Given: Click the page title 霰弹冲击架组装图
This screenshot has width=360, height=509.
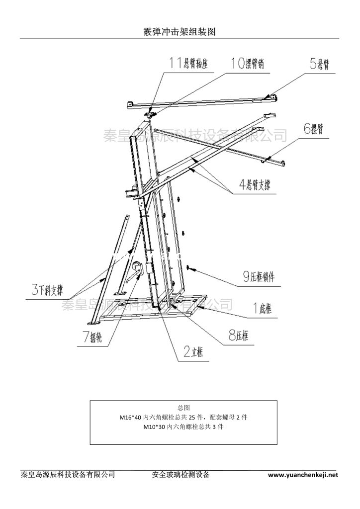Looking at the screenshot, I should [x=180, y=31].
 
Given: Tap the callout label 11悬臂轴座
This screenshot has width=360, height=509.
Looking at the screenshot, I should [x=188, y=64].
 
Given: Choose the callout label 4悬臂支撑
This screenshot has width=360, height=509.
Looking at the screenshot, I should [x=258, y=185].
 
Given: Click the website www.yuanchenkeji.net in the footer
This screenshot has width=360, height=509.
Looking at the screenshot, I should [x=303, y=475].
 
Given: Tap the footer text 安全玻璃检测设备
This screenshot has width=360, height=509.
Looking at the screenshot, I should [x=180, y=475].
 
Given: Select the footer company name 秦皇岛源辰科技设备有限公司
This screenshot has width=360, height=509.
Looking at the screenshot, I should [x=69, y=475].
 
